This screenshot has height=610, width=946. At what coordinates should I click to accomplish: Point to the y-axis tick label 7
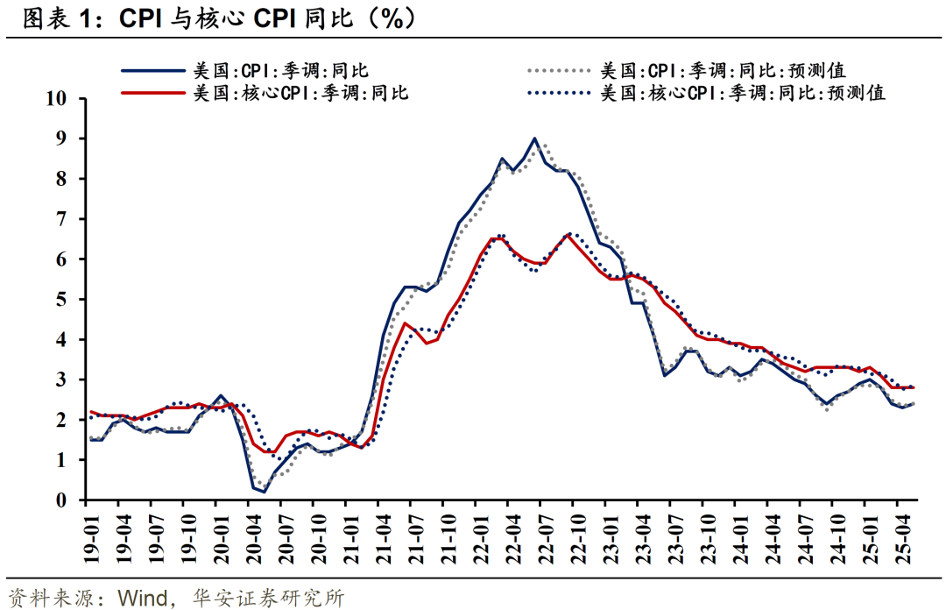coord(61,219)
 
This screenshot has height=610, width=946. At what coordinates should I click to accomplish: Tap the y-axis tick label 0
coord(61,500)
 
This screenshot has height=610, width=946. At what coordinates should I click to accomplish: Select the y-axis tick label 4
coord(61,340)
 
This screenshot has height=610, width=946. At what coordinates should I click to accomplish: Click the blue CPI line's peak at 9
coord(534,138)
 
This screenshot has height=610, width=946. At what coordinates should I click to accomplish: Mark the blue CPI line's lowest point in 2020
coord(264,492)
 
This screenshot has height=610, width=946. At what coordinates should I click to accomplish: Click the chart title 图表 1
coord(66,19)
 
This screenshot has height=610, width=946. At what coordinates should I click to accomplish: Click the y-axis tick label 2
coord(61,420)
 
